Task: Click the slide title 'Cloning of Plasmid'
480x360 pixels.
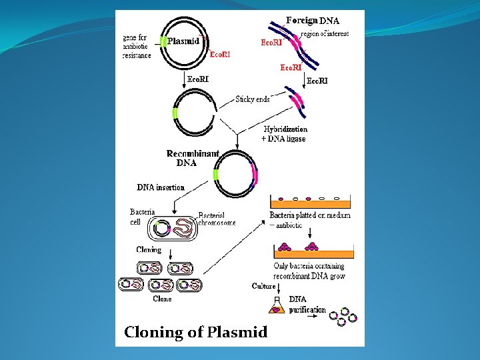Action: [x=195, y=332]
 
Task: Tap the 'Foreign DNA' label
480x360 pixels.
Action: [x=313, y=21]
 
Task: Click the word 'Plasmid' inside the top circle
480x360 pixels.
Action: [x=183, y=41]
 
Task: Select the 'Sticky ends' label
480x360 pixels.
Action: [x=253, y=99]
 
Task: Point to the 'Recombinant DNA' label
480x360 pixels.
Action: [x=192, y=158]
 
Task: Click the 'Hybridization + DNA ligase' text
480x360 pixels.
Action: [x=285, y=134]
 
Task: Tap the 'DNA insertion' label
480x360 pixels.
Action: [x=161, y=187]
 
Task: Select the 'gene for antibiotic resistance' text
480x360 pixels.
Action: [x=137, y=47]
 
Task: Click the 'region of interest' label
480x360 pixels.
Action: [x=325, y=33]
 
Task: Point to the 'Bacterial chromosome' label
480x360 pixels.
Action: [x=217, y=219]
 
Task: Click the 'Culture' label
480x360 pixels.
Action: [x=264, y=286]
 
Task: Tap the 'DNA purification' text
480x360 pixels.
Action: [x=307, y=305]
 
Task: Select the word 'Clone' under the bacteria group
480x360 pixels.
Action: [x=162, y=299]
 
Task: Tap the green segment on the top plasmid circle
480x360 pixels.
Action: [x=162, y=42]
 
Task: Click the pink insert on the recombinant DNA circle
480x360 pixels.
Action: [x=253, y=176]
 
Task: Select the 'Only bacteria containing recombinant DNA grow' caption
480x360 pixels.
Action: [x=309, y=271]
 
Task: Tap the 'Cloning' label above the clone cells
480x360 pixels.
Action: [x=149, y=250]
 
